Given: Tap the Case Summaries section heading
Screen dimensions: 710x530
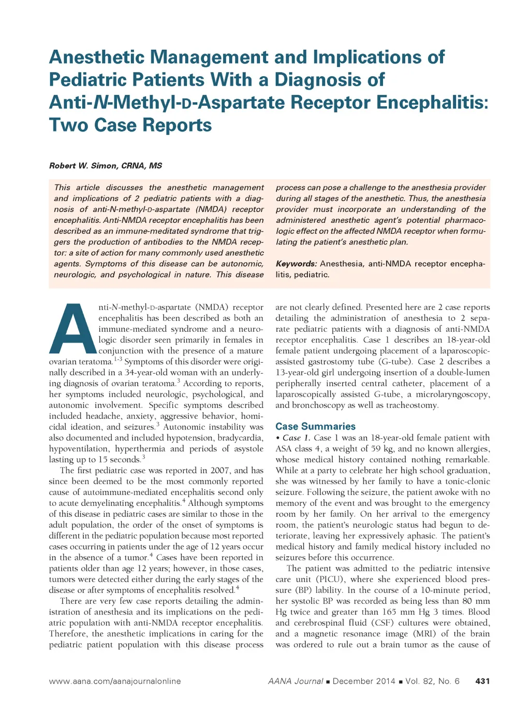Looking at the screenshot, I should tap(315, 427).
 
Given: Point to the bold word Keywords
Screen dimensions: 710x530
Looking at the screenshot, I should tap(296, 264).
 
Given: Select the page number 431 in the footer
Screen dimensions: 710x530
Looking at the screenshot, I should tap(482, 681).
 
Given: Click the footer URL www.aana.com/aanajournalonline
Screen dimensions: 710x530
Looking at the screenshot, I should tap(115, 681).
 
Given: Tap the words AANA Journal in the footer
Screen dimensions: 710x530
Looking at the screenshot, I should tap(296, 681).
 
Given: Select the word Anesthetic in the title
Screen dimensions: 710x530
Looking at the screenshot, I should tap(97, 56).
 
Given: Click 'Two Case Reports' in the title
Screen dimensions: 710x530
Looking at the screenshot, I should tap(130, 125).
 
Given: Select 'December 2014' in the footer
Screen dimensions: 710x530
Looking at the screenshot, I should tap(364, 681).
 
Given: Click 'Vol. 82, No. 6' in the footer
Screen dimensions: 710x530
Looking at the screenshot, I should tap(433, 681).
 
